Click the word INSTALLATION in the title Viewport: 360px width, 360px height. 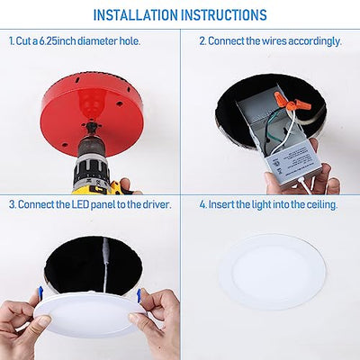[x=138, y=15]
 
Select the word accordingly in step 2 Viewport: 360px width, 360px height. [x=317, y=41]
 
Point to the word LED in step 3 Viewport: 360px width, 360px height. [x=85, y=205]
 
